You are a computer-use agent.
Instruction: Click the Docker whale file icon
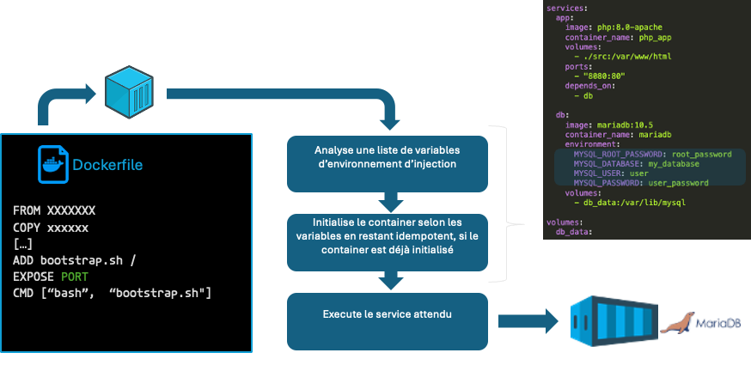point(52,165)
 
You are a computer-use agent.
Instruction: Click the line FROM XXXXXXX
point(54,210)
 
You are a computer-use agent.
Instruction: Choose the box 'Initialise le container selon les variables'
point(388,237)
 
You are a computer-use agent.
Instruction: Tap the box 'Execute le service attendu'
point(388,315)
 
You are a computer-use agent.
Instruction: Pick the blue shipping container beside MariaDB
point(605,322)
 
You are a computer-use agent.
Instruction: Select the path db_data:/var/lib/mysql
point(638,203)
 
